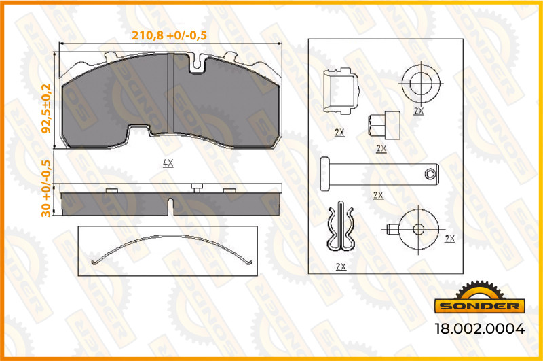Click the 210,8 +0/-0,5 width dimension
[169, 35]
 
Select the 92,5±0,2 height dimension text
[46, 109]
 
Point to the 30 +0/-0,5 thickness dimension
[46, 188]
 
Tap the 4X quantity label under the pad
[168, 163]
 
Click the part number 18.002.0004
[480, 328]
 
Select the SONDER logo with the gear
[480, 297]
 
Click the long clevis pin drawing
[379, 174]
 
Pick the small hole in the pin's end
[430, 174]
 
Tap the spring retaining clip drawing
[341, 226]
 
